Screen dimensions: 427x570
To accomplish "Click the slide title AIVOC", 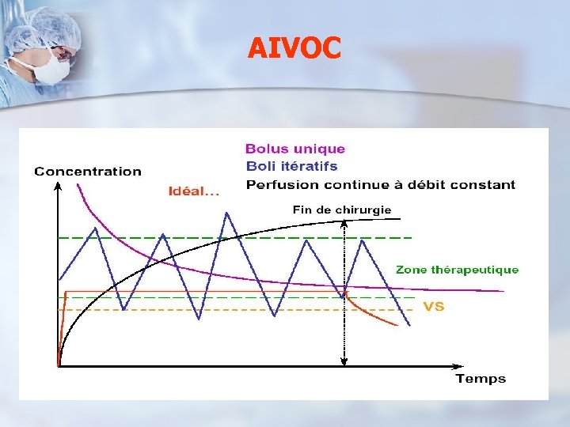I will [294, 49].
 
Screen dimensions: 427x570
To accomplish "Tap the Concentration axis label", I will [88, 171].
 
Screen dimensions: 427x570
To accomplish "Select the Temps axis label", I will [480, 379].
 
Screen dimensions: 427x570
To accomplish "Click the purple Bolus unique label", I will [295, 149].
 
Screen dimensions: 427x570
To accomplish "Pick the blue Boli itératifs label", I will [291, 166].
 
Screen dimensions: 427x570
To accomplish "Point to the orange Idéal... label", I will [193, 191].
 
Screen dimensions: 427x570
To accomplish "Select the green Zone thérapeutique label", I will [458, 270].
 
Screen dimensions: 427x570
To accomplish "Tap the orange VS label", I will [434, 306].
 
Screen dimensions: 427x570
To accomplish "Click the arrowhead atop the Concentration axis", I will [59, 186].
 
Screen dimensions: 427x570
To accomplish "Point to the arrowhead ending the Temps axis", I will [459, 367].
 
